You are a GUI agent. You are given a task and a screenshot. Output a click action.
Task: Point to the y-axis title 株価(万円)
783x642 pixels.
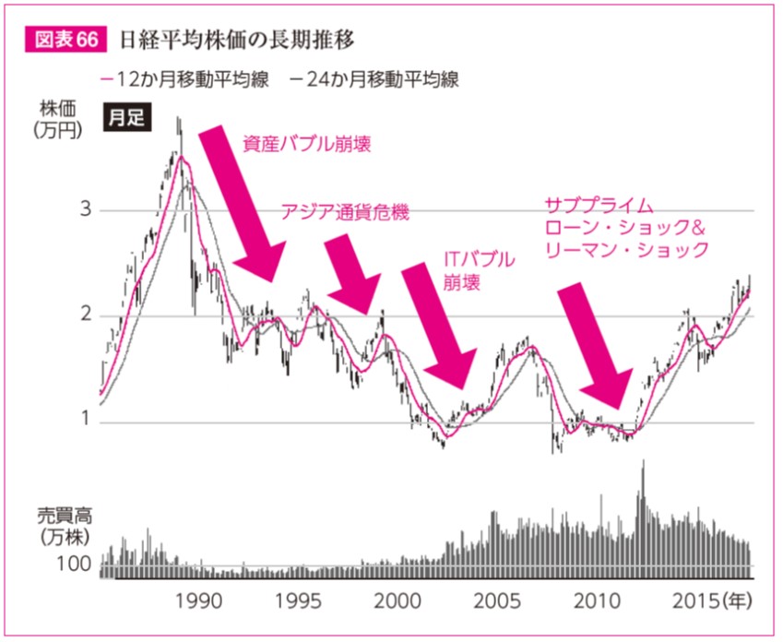(x=56, y=118)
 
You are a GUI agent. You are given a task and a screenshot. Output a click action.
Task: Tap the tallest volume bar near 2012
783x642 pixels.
(x=643, y=517)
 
